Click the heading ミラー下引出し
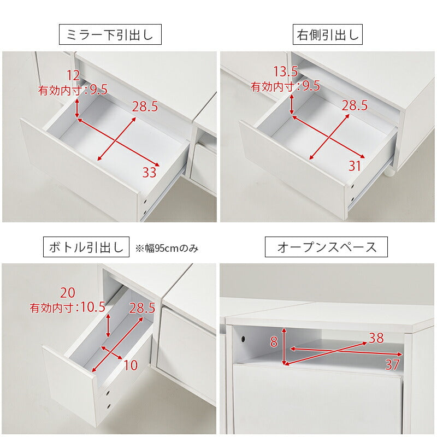point(110,36)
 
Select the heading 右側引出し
point(328,36)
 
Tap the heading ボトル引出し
point(86,247)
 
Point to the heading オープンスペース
point(326,247)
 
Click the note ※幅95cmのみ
point(167,248)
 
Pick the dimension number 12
point(73,75)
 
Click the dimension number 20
point(68,292)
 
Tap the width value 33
point(149,173)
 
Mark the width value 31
point(355,166)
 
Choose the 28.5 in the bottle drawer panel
point(143,308)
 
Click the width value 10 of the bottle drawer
point(131,365)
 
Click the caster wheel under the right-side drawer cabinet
point(391,173)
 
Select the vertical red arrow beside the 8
point(284,346)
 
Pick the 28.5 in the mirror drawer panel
point(145,107)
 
